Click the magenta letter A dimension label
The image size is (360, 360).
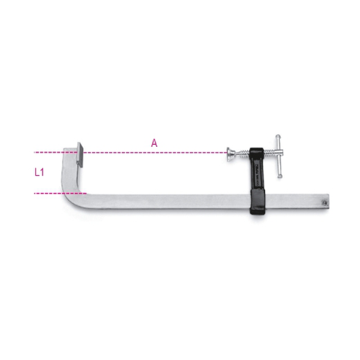click(154, 143)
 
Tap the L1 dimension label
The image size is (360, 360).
click(40, 172)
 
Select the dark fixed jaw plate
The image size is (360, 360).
click(80, 155)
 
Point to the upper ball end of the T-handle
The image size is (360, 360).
click(278, 137)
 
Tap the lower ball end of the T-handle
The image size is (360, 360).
click(279, 176)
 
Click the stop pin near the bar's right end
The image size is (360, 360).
click(325, 203)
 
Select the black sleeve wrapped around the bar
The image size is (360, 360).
click(258, 202)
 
